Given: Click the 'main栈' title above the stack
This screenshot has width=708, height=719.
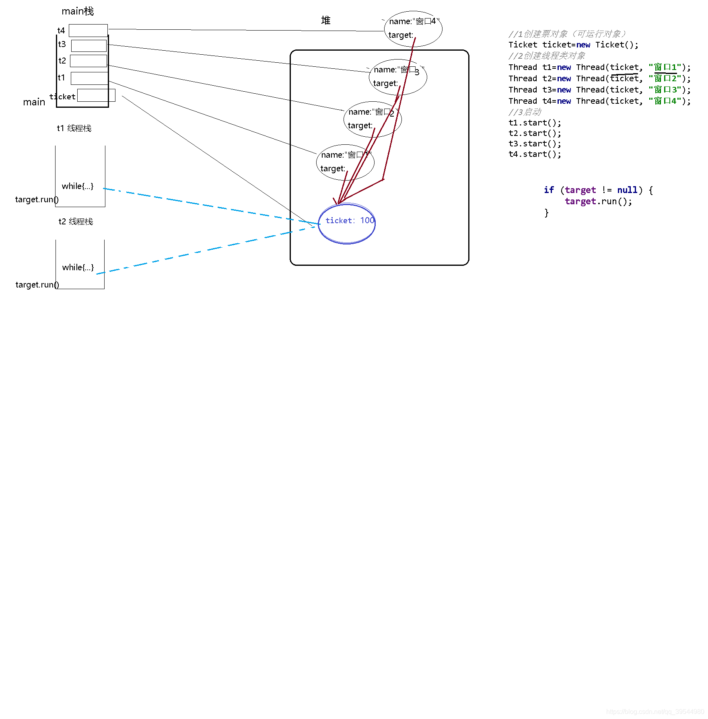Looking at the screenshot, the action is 78,11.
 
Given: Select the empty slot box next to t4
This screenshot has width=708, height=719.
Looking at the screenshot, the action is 88,31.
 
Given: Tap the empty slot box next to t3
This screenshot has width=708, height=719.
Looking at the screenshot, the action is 89,45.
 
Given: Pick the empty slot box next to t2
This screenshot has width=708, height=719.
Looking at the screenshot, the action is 88,61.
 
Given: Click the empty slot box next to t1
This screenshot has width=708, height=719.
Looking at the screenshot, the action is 89,78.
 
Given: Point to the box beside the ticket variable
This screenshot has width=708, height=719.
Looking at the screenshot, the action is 96,95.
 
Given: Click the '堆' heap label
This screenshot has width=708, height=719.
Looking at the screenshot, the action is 325,21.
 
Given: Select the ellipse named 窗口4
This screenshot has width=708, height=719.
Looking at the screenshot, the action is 413,29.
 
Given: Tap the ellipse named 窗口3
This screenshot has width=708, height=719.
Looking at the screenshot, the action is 398,77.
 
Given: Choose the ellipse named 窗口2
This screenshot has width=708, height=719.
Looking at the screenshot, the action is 373,119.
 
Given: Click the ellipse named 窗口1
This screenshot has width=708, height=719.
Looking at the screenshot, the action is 345,162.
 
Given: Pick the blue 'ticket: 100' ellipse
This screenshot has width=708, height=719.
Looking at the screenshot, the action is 347,224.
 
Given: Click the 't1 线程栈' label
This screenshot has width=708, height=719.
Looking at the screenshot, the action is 74,128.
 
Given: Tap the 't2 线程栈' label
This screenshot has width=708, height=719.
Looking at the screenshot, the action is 76,222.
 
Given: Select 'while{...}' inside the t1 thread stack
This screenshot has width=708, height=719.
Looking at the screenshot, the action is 78,186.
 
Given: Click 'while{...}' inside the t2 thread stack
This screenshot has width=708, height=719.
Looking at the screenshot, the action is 78,267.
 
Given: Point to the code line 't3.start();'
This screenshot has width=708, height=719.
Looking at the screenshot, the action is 535,144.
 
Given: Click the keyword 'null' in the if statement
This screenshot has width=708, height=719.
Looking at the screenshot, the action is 627,190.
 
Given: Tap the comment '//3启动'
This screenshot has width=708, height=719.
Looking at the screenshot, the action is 525,112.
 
